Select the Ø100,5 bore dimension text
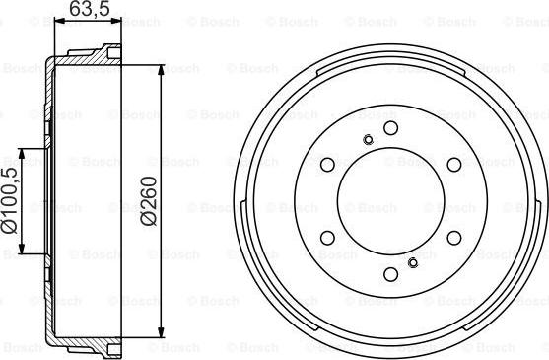(x=10, y=202)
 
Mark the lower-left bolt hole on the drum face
(x=328, y=238)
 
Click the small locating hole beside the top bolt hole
(x=367, y=139)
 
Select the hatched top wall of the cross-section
(x=84, y=61)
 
